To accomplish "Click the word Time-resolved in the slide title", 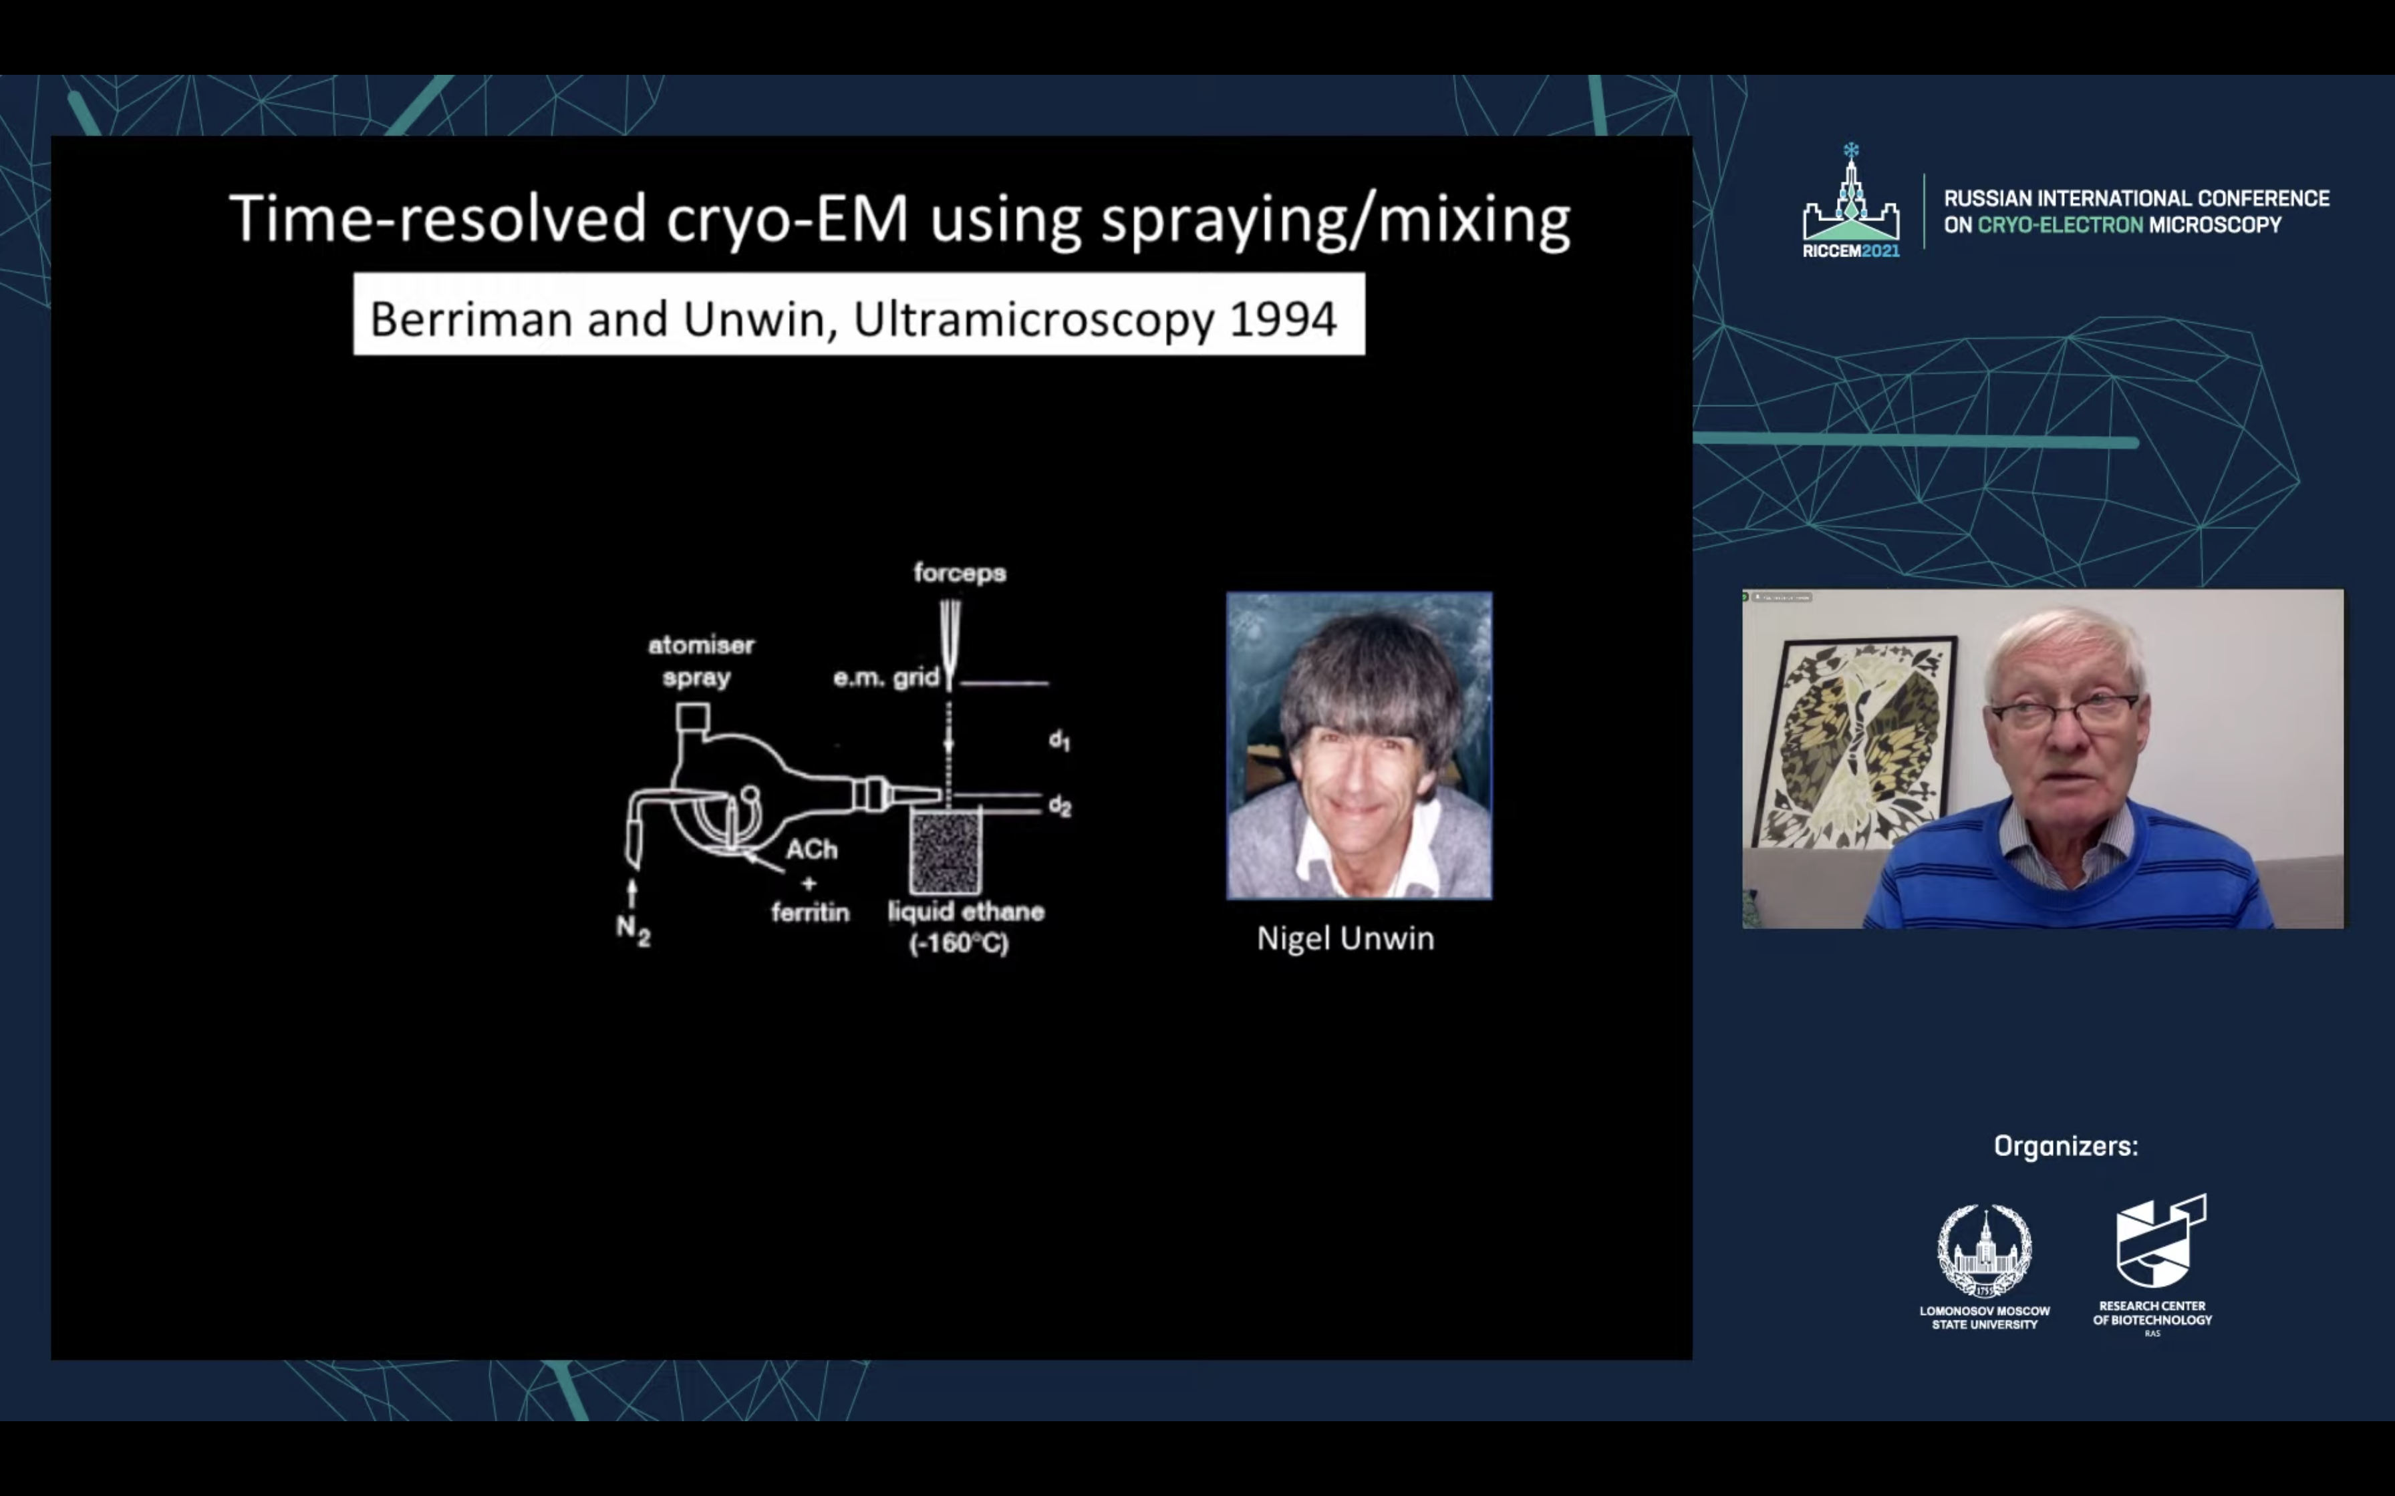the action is tap(438, 218).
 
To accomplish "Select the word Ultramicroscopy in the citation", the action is tap(1033, 320).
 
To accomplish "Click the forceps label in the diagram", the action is tap(959, 573).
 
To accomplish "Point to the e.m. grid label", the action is tap(885, 678).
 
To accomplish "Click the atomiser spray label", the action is tap(700, 661).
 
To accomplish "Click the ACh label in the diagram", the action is tap(811, 849).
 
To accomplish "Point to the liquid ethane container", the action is tap(945, 851).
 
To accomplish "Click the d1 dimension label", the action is tap(1059, 739).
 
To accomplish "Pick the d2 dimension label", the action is tap(1059, 806).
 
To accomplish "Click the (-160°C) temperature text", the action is tap(958, 943).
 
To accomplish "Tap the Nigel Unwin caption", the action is tap(1345, 938).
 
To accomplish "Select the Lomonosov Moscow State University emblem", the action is tap(1984, 1251).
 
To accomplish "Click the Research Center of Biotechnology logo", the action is tap(2160, 1241).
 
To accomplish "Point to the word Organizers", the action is tap(2066, 1147).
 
